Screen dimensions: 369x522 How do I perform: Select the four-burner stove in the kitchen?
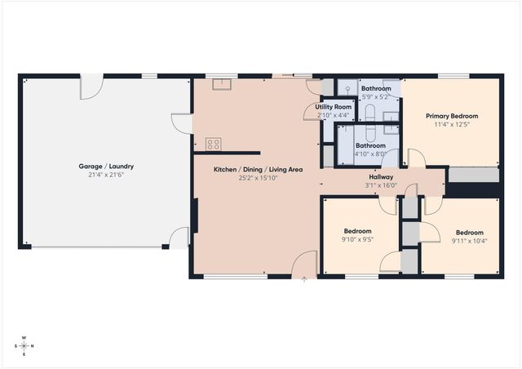pyautogui.click(x=214, y=144)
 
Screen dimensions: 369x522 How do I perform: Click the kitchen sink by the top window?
pyautogui.click(x=222, y=83)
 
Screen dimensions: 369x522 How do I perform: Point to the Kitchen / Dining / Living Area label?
pyautogui.click(x=259, y=169)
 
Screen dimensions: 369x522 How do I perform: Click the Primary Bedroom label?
pyautogui.click(x=452, y=116)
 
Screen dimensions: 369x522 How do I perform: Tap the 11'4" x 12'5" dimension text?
pyautogui.click(x=452, y=125)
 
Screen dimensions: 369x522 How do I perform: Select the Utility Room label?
pyautogui.click(x=334, y=107)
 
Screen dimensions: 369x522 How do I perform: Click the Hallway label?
pyautogui.click(x=381, y=176)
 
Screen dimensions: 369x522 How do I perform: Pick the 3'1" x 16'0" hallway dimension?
pyautogui.click(x=381, y=184)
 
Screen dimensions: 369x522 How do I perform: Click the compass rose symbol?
pyautogui.click(x=24, y=345)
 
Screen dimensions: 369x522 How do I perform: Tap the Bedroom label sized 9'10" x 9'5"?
pyautogui.click(x=357, y=231)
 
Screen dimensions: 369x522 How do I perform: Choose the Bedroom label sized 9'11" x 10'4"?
pyautogui.click(x=469, y=232)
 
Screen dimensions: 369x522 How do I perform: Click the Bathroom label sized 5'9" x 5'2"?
pyautogui.click(x=376, y=88)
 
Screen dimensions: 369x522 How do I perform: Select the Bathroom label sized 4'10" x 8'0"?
pyautogui.click(x=370, y=145)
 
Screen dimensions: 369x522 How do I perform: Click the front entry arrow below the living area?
pyautogui.click(x=304, y=280)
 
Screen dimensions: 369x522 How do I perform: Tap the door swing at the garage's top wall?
pyautogui.click(x=91, y=85)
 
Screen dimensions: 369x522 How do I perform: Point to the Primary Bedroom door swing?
pyautogui.click(x=416, y=158)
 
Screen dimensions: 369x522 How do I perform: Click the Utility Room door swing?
pyautogui.click(x=314, y=112)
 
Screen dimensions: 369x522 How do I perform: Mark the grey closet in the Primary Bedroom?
pyautogui.click(x=473, y=175)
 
